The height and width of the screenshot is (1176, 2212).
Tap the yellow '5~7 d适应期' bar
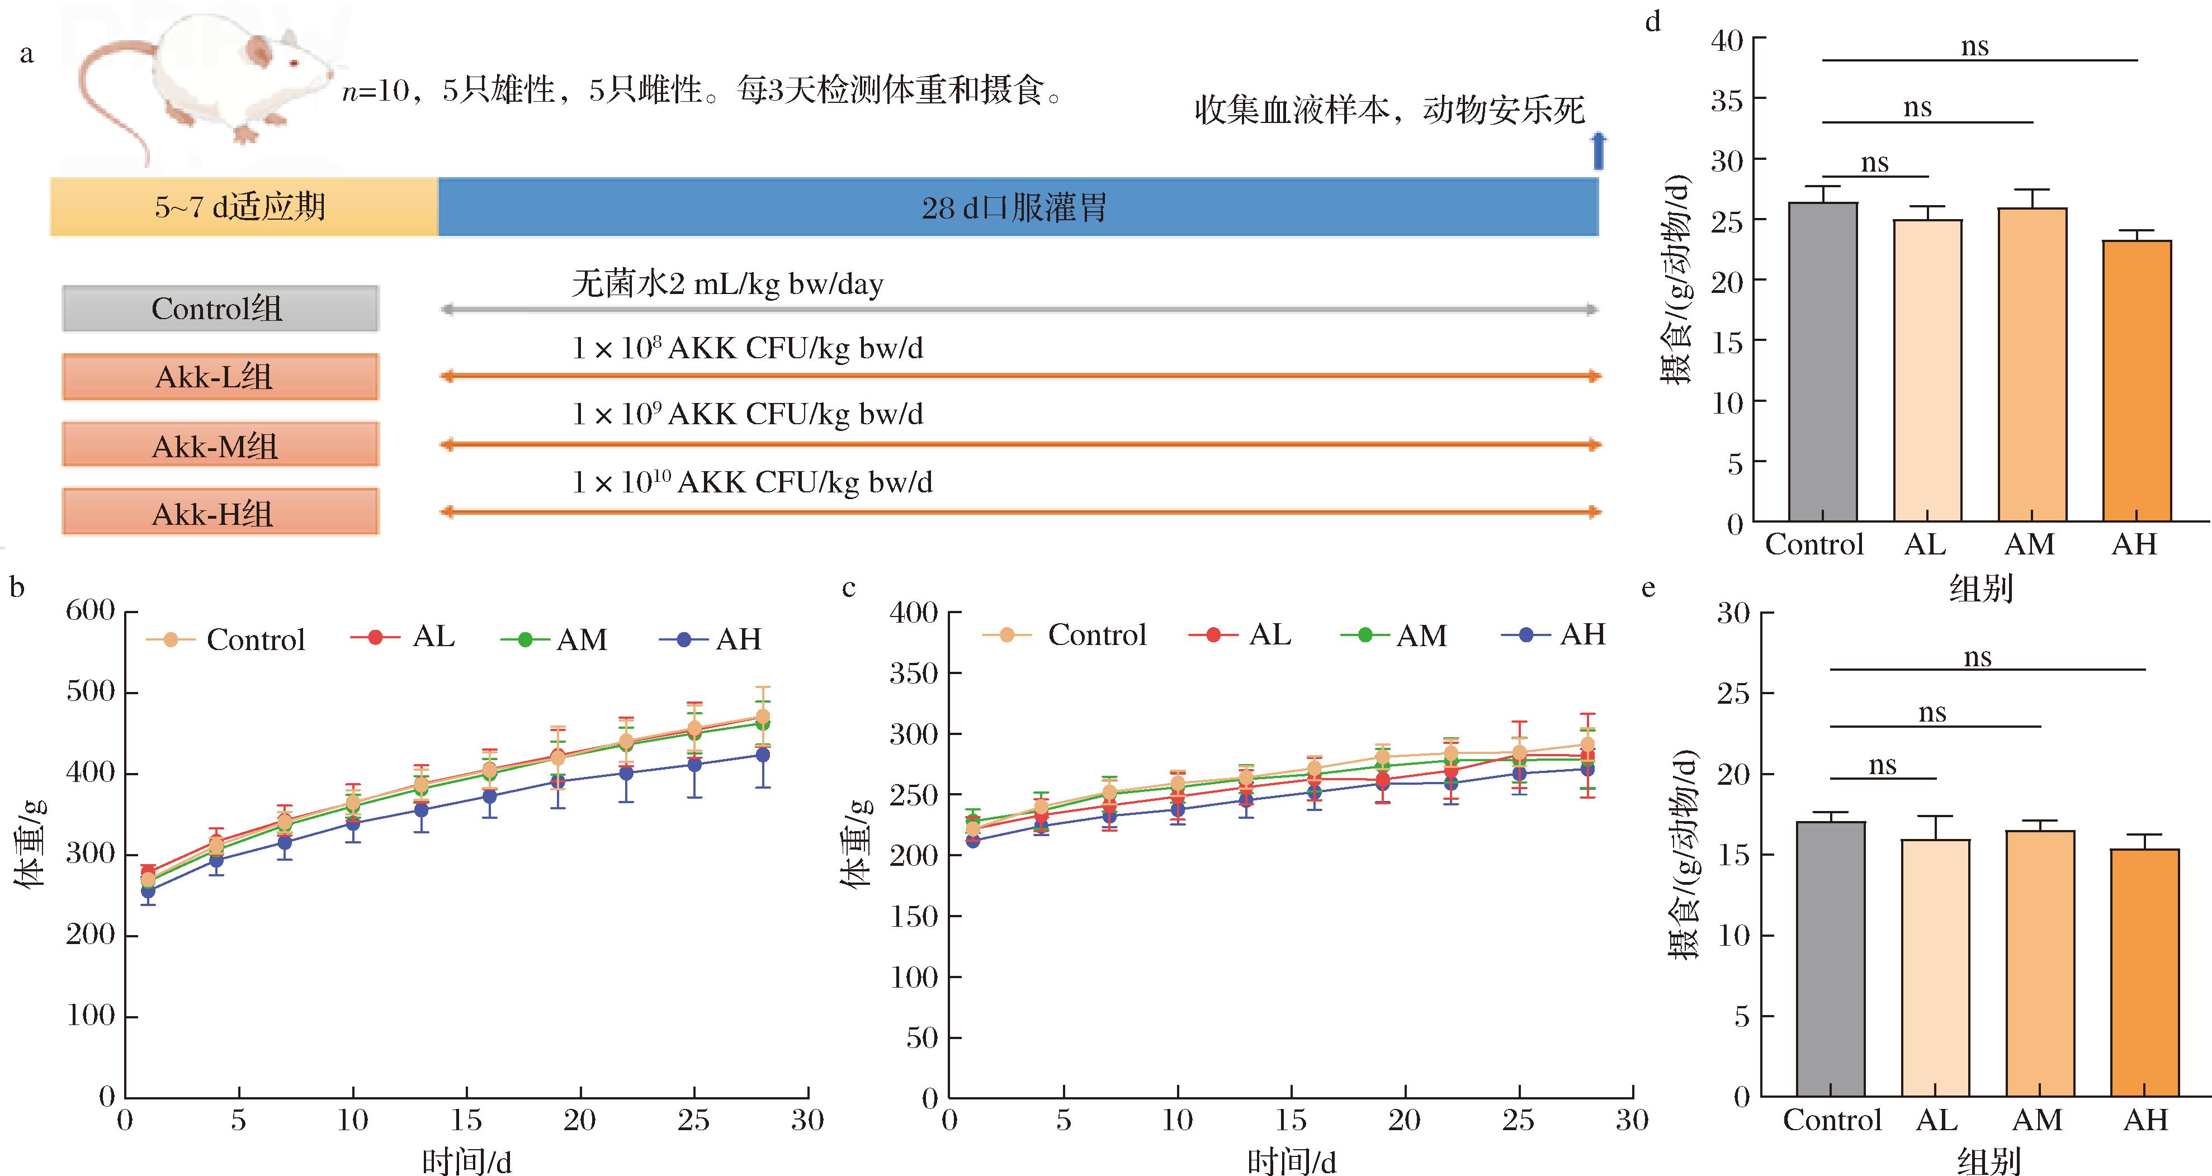pos(243,207)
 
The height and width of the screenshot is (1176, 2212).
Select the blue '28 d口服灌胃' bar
pos(1018,207)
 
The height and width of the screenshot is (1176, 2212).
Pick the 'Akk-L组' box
pos(220,377)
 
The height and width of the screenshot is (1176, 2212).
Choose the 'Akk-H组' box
pos(220,513)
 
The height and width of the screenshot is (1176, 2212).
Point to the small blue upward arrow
pos(1597,150)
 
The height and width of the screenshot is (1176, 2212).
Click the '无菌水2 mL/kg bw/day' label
pos(727,283)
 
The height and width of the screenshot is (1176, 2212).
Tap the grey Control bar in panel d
pos(1822,361)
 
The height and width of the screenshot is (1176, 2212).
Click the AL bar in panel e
pos(1936,968)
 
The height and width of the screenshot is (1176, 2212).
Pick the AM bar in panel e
pos(2040,963)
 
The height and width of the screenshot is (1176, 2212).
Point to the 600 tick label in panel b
pos(90,610)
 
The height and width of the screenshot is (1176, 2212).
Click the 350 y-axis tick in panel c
pos(914,673)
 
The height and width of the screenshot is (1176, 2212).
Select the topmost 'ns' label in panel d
pos(1975,46)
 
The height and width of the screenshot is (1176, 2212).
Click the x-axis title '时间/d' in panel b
pos(466,1161)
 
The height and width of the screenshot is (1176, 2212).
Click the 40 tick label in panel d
pos(1727,40)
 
